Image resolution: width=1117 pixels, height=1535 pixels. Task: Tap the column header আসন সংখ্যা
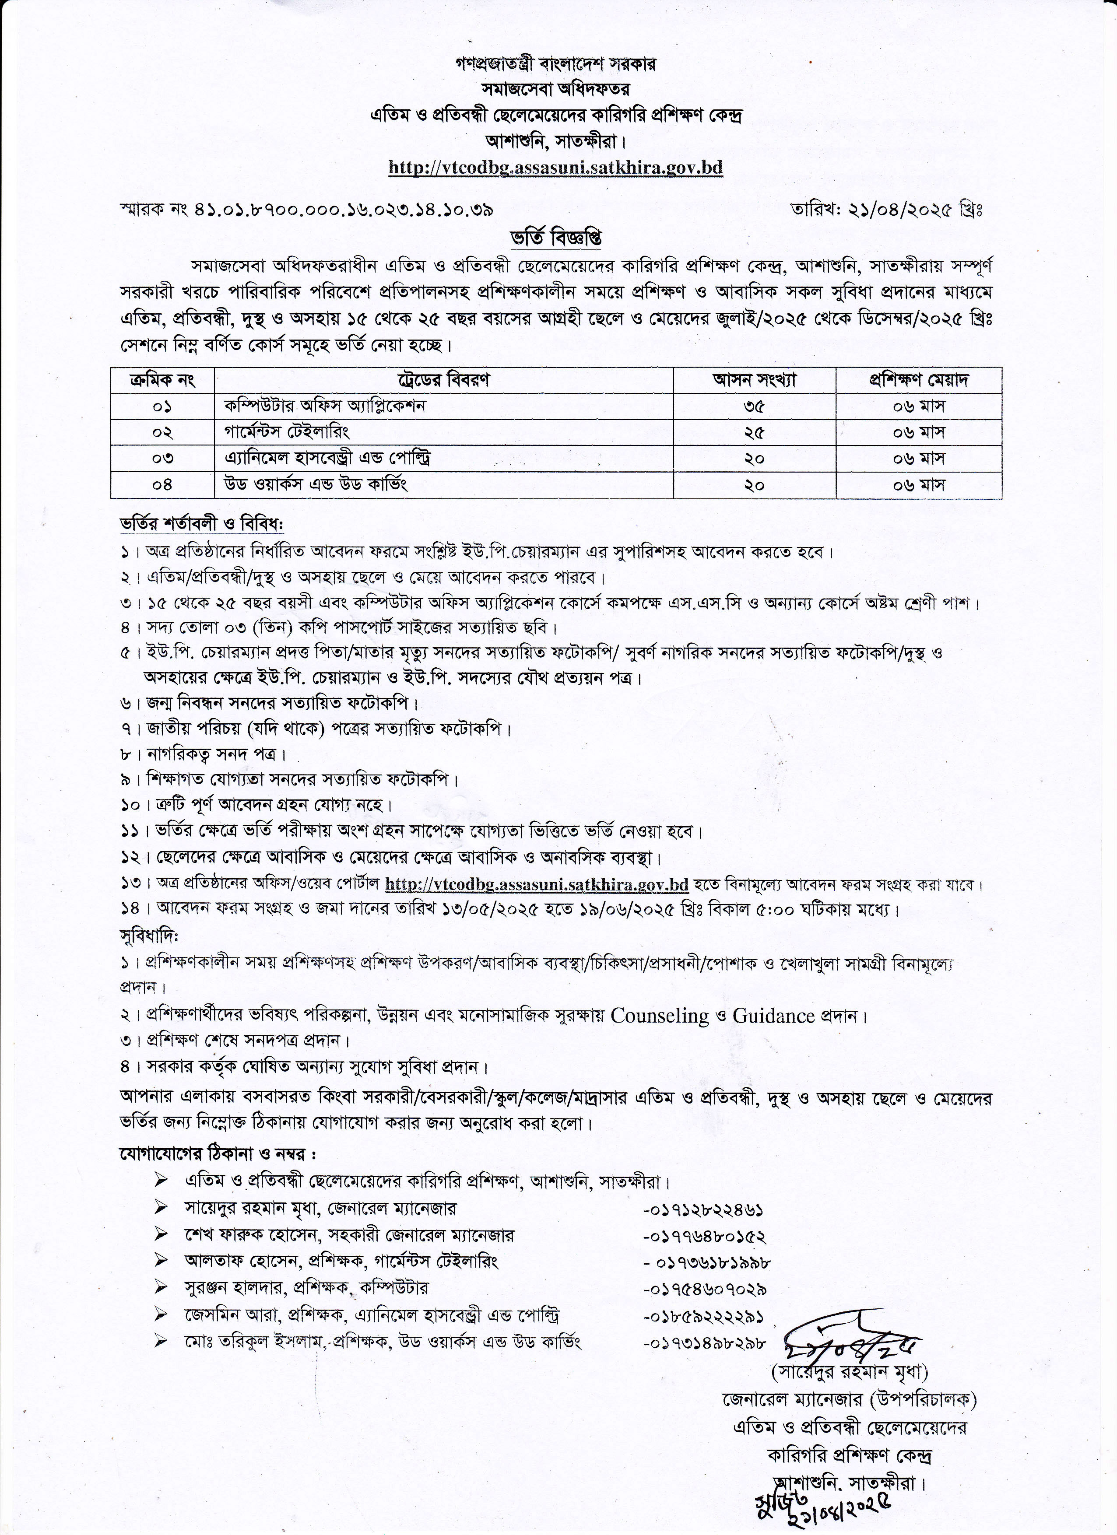point(754,380)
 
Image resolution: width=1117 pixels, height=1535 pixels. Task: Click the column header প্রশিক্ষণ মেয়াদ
point(919,380)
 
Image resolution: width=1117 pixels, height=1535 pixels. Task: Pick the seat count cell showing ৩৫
point(754,406)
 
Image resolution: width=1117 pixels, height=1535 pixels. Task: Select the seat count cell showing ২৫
point(754,432)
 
